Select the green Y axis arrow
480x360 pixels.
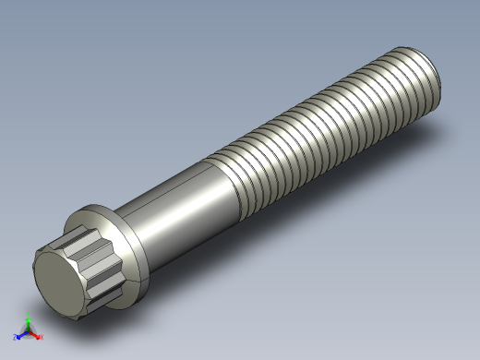(28, 322)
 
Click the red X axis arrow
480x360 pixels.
(36, 335)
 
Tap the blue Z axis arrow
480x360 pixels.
(20, 335)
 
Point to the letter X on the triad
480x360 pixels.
(42, 337)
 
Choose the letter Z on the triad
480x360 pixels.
(16, 337)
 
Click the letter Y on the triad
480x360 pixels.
(28, 317)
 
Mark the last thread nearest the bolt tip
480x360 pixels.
(420, 74)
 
